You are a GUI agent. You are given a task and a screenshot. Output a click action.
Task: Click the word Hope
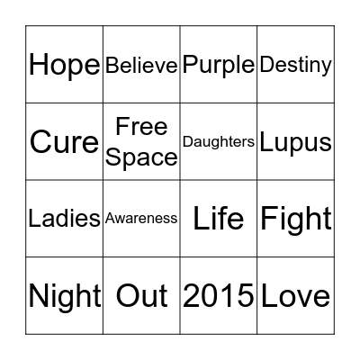point(64,65)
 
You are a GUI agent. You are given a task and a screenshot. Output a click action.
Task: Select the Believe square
point(141,65)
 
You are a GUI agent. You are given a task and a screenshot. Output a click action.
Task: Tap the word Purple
point(219,65)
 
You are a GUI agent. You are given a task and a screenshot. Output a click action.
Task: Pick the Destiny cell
point(295,65)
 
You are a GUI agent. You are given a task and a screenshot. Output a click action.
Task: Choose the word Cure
point(64,142)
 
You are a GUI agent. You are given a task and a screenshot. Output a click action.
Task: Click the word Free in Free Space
point(141,127)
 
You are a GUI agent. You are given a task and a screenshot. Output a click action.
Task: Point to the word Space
point(141,157)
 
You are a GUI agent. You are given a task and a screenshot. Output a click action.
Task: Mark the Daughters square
point(219,142)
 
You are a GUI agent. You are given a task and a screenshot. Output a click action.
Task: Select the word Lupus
point(295,142)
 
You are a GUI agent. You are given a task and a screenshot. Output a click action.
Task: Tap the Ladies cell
point(64,219)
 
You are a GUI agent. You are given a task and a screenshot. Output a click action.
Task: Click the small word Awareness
point(141,218)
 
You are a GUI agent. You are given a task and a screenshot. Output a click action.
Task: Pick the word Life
point(219,219)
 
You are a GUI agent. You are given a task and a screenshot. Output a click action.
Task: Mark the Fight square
point(295,219)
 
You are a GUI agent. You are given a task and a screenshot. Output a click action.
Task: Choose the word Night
point(64,296)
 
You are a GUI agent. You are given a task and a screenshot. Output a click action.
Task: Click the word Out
point(141,296)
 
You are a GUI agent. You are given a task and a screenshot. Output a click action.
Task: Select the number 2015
point(219,296)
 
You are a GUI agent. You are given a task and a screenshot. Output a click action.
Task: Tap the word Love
point(295,296)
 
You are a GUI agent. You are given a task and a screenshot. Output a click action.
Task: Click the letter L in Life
point(201,219)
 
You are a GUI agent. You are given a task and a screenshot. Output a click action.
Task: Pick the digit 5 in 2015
point(245,296)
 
